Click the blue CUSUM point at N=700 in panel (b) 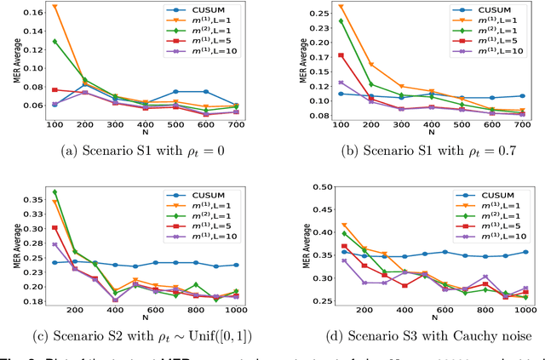click(x=522, y=96)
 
